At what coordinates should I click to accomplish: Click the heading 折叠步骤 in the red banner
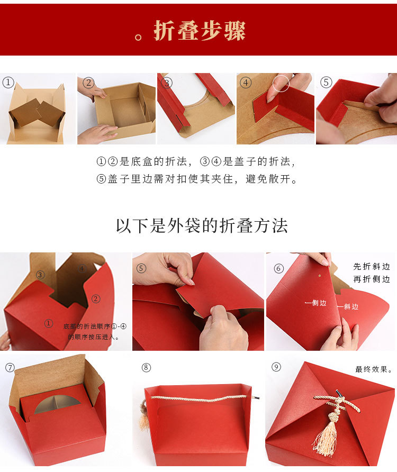200,31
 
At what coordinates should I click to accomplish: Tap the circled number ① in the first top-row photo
8,82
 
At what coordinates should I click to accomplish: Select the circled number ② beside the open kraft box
88,83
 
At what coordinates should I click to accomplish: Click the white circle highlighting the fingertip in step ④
282,83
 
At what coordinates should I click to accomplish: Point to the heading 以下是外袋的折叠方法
202,225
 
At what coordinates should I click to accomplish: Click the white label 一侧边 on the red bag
315,303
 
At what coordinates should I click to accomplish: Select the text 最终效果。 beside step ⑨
374,369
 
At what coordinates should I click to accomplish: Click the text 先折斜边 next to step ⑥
372,267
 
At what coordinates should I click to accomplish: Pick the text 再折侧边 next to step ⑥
372,279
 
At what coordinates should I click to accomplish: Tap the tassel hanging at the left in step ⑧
143,419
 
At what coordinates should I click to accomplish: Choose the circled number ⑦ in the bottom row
10,367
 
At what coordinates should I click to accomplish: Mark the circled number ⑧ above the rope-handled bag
147,367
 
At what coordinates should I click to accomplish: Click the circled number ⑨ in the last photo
276,367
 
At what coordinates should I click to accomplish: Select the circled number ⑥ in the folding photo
279,268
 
